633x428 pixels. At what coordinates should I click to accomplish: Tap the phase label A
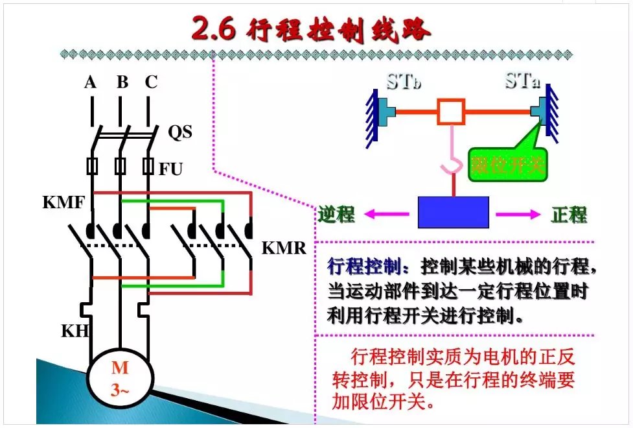tap(91, 82)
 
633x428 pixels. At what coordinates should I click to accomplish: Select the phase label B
tap(122, 82)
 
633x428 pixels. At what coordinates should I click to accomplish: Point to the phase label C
tap(151, 82)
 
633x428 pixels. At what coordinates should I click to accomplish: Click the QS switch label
tap(180, 132)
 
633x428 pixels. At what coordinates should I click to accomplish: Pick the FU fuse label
tap(171, 170)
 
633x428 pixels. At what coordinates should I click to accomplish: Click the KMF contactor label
tap(63, 202)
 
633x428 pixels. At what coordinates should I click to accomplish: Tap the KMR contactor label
tap(284, 248)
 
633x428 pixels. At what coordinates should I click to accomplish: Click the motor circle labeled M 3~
tap(120, 378)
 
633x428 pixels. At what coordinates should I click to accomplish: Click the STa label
tap(524, 82)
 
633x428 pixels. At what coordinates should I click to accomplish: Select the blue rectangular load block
tap(453, 212)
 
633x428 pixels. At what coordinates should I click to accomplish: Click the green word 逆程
tap(337, 214)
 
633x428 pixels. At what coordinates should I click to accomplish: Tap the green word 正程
tap(570, 215)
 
